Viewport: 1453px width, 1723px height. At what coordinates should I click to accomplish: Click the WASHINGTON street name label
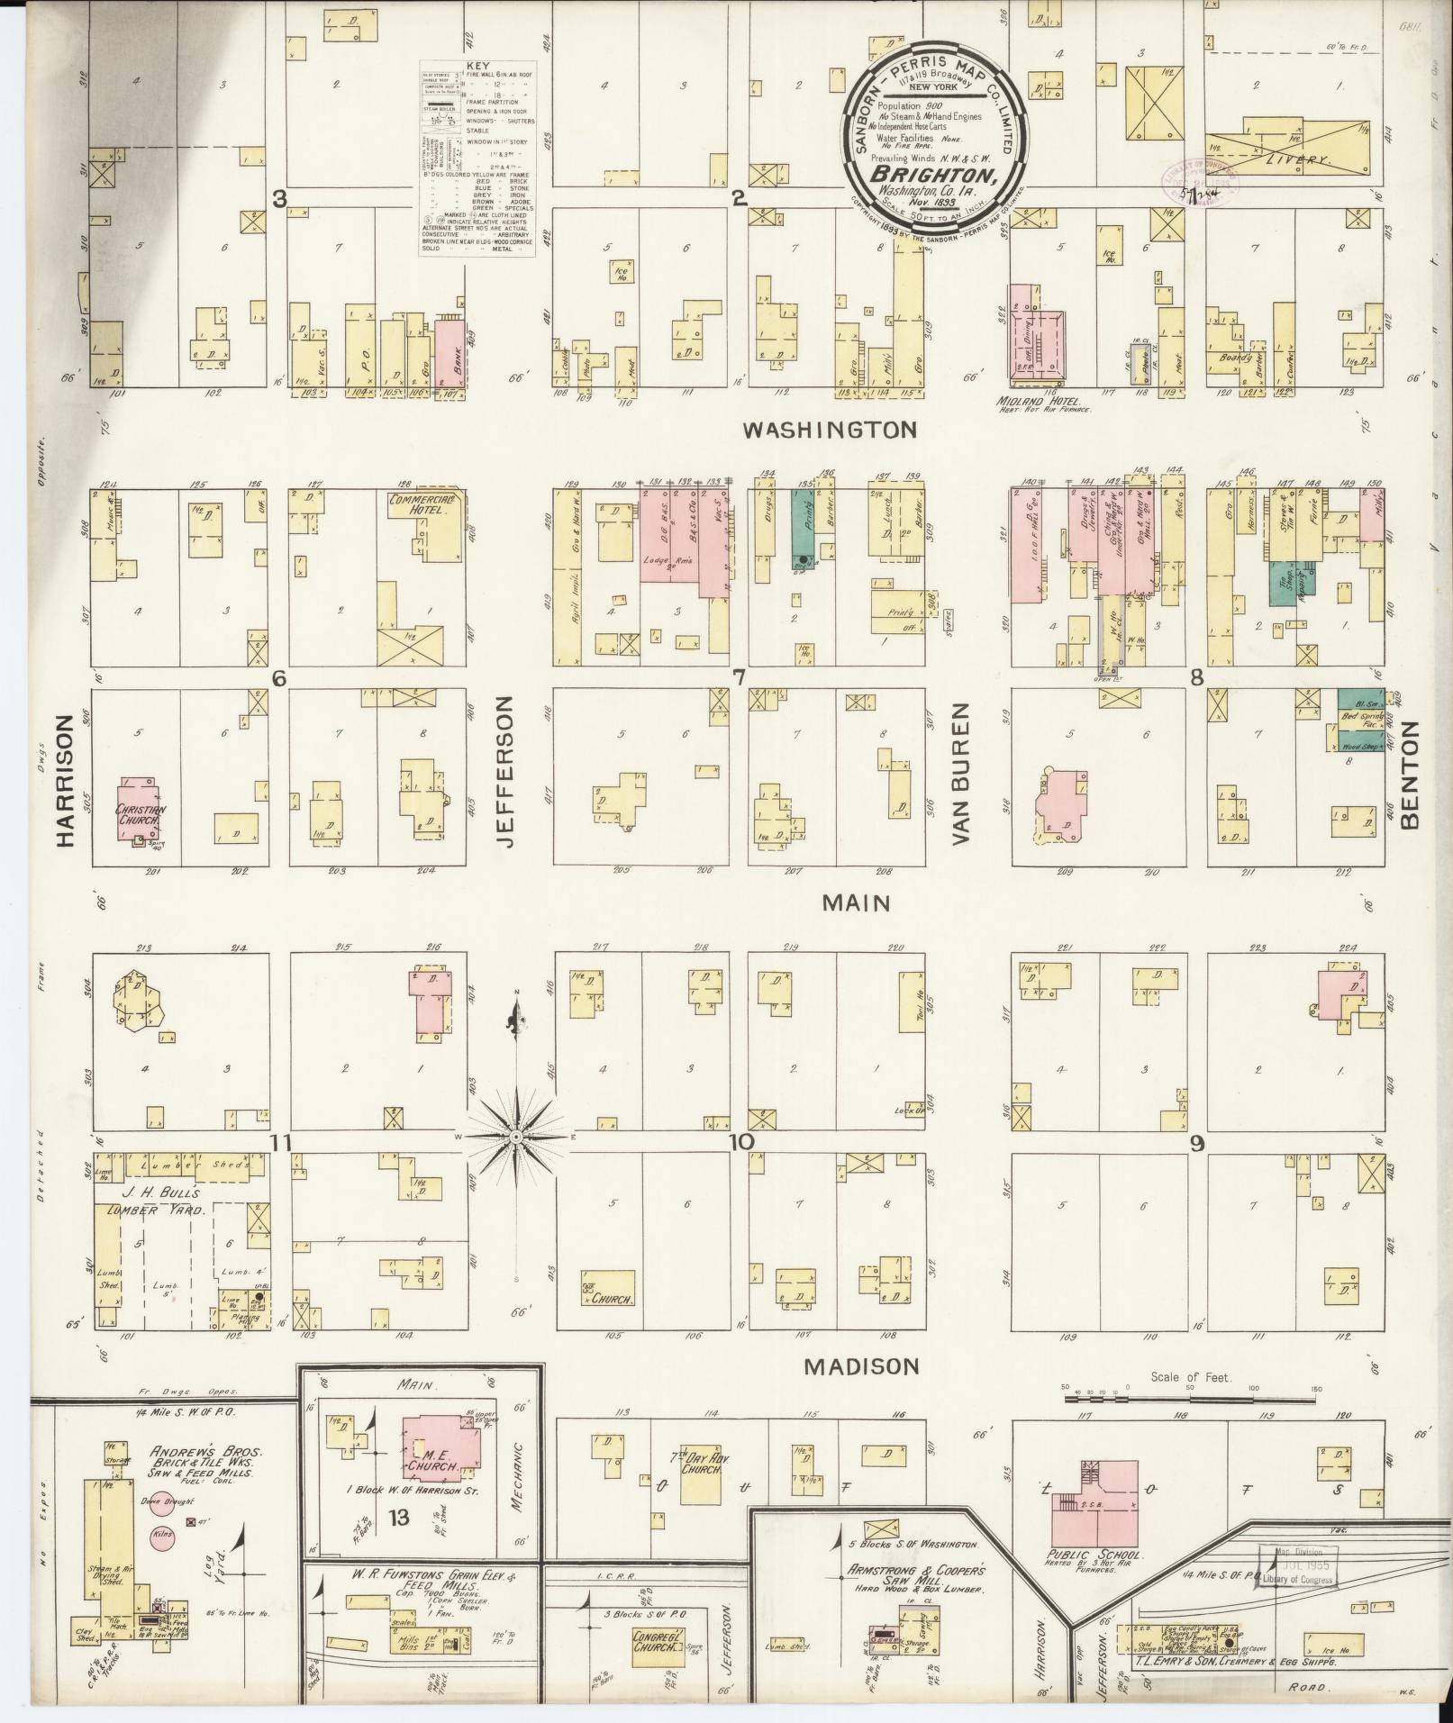point(829,430)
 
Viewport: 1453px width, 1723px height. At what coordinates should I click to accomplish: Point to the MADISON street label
point(861,1392)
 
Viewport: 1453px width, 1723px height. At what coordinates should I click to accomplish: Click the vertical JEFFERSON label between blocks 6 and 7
point(504,770)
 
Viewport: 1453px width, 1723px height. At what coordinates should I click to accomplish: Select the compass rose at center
point(516,1138)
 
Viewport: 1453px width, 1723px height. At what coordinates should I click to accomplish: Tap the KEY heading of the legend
point(477,68)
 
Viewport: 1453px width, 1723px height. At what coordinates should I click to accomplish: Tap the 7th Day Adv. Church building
point(703,1463)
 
